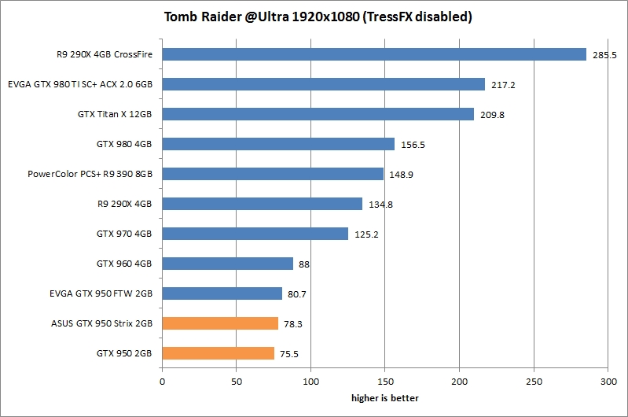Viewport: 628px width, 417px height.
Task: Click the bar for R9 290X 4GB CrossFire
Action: tap(374, 54)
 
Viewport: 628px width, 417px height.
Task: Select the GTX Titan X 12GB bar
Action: tap(318, 114)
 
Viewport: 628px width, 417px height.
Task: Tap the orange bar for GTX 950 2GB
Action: tap(218, 353)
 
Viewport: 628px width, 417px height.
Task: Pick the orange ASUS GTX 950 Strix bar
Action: tap(220, 323)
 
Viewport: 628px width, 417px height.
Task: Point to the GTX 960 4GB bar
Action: tap(227, 264)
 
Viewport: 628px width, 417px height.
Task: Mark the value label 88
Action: tap(304, 264)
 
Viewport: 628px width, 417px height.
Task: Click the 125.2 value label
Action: tap(365, 234)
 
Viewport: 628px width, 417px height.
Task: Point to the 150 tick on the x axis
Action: tap(385, 382)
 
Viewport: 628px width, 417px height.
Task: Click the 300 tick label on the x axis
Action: tap(608, 382)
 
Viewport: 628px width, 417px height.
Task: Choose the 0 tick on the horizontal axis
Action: tap(162, 382)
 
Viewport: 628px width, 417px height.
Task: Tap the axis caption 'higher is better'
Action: tap(385, 397)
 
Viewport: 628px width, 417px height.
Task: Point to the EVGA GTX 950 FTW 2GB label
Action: tap(100, 293)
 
